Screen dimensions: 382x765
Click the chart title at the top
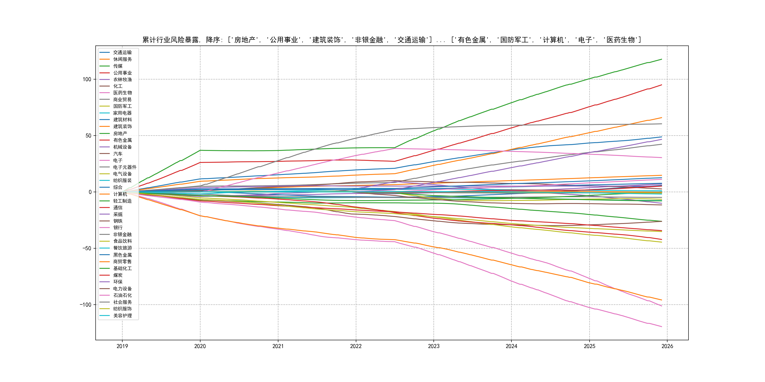(x=392, y=40)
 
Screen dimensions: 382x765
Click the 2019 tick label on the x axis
(x=122, y=346)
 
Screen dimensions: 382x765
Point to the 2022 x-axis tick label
(x=356, y=346)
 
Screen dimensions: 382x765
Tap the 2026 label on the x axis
(x=667, y=346)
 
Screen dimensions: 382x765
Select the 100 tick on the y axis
(x=87, y=79)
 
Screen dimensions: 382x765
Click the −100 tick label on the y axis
(x=85, y=305)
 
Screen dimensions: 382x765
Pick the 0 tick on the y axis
(x=90, y=192)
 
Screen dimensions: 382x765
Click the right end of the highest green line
(x=661, y=59)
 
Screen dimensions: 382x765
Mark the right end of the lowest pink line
(x=661, y=327)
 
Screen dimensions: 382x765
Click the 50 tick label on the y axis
(x=88, y=136)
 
